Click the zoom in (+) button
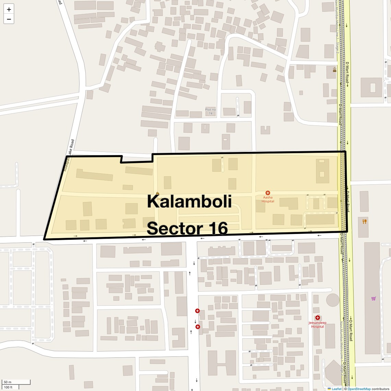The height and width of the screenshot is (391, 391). pyautogui.click(x=9, y=9)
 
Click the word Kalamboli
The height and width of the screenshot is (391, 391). pyautogui.click(x=189, y=202)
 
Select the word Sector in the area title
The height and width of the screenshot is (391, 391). pyautogui.click(x=175, y=228)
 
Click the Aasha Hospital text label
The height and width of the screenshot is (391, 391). pyautogui.click(x=268, y=199)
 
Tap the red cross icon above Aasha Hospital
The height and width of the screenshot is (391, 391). pyautogui.click(x=268, y=193)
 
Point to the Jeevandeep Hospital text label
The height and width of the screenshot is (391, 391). pyautogui.click(x=317, y=324)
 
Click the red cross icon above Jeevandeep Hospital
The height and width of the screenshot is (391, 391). pyautogui.click(x=318, y=318)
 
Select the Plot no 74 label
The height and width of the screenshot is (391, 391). pyautogui.click(x=211, y=111)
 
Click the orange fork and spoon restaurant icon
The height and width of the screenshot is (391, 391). pyautogui.click(x=364, y=222)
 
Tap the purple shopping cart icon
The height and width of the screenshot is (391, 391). pyautogui.click(x=373, y=298)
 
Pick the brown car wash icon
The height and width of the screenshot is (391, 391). pyautogui.click(x=334, y=70)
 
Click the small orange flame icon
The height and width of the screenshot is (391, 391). pyautogui.click(x=157, y=194)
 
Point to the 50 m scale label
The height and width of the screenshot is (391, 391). pyautogui.click(x=8, y=382)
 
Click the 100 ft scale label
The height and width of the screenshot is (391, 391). pyautogui.click(x=8, y=387)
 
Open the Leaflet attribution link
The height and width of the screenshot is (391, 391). pyautogui.click(x=336, y=389)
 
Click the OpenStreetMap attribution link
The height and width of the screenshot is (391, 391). pyautogui.click(x=359, y=389)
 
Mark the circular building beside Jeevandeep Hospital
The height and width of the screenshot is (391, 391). pyautogui.click(x=332, y=300)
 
